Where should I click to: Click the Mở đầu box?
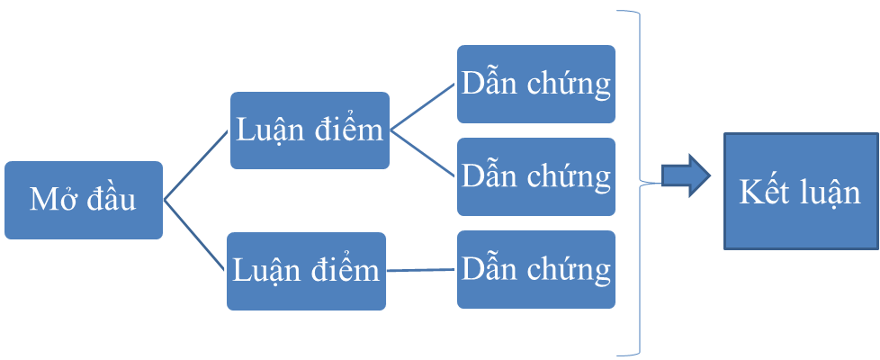(x=84, y=201)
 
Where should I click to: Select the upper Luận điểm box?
(x=310, y=130)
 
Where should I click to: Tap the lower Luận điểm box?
(x=307, y=271)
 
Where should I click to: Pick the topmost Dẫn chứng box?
(x=536, y=85)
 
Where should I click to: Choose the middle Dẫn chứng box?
(x=536, y=177)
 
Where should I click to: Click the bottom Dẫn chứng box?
(x=536, y=270)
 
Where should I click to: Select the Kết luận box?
(x=801, y=192)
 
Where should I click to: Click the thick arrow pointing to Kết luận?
(x=687, y=175)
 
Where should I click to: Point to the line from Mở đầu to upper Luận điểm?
(x=196, y=166)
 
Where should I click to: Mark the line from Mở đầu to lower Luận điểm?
(x=195, y=235)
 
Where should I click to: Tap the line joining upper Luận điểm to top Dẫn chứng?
(x=422, y=107)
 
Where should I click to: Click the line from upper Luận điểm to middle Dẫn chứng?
(x=422, y=153)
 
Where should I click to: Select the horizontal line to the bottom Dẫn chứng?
(x=420, y=270)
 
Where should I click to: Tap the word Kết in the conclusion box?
(x=761, y=192)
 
